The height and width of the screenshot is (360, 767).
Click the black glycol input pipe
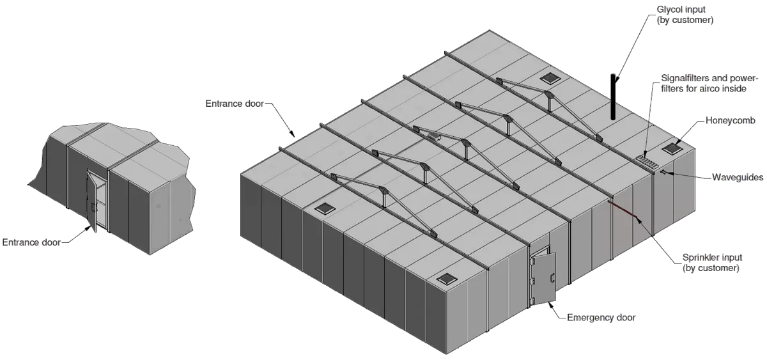click(613, 97)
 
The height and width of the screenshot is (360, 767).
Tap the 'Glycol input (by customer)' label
click(685, 15)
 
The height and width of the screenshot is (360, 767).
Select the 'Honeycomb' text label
click(731, 121)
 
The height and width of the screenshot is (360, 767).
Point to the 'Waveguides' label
click(738, 177)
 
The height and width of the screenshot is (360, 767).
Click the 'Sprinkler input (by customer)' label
click(711, 262)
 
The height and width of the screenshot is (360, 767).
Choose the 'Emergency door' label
click(601, 318)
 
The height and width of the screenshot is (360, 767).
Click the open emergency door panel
click(543, 278)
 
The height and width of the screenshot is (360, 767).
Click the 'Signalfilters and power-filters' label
click(709, 83)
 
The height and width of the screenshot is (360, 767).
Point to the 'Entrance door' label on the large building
click(235, 104)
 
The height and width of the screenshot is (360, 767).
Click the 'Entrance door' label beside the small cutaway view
click(31, 242)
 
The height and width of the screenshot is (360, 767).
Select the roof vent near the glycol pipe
click(550, 79)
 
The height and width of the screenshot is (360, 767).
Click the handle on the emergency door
click(552, 278)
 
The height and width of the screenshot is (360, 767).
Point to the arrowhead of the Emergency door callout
click(550, 304)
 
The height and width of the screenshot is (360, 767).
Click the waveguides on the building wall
click(663, 172)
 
